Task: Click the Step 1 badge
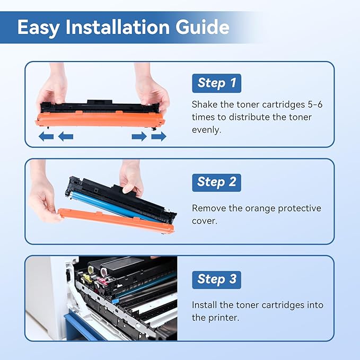(216, 83)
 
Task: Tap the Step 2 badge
(216, 182)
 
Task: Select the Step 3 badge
(216, 279)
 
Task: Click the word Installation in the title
(125, 28)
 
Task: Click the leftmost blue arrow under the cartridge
(46, 137)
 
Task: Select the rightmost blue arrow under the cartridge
(159, 137)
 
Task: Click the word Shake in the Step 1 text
(204, 104)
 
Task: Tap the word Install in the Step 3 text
(205, 305)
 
